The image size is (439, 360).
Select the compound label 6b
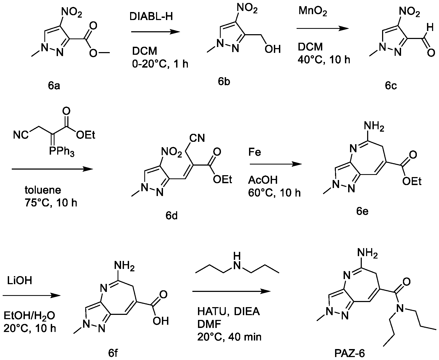[224, 82]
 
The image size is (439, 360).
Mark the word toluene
[43, 190]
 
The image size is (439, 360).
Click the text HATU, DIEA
[228, 312]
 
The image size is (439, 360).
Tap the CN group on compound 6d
[197, 138]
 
